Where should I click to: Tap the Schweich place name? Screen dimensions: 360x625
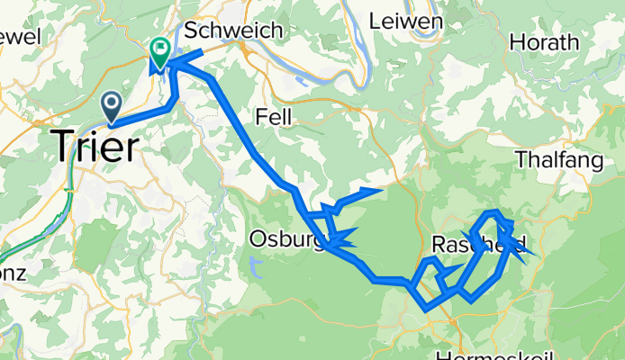[x=232, y=30]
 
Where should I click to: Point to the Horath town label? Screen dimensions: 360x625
[x=545, y=42]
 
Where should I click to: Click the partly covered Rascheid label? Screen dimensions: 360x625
[x=477, y=244]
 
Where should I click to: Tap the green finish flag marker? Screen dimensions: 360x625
[x=161, y=53]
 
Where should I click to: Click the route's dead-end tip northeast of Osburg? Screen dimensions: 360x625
[x=383, y=190]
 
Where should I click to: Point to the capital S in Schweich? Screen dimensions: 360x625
[x=190, y=30]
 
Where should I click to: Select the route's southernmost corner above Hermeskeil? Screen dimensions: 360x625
[x=425, y=309]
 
